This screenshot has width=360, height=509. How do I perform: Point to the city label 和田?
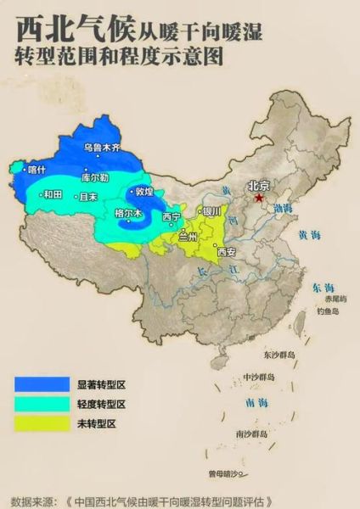click(x=53, y=194)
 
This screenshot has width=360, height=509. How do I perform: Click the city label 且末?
click(x=88, y=196)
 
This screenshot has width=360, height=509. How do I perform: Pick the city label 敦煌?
click(x=144, y=192)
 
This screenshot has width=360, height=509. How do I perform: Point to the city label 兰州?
click(x=188, y=238)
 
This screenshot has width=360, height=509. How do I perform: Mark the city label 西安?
click(x=226, y=252)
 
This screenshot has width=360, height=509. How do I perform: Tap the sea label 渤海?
click(x=283, y=208)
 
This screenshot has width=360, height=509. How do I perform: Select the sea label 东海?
click(x=323, y=288)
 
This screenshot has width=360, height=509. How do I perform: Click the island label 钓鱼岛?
click(x=327, y=311)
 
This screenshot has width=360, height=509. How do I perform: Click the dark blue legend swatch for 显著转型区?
click(x=42, y=383)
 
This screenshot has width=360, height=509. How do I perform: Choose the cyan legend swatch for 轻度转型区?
click(x=42, y=403)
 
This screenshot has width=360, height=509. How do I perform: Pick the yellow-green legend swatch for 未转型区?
click(x=42, y=422)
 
